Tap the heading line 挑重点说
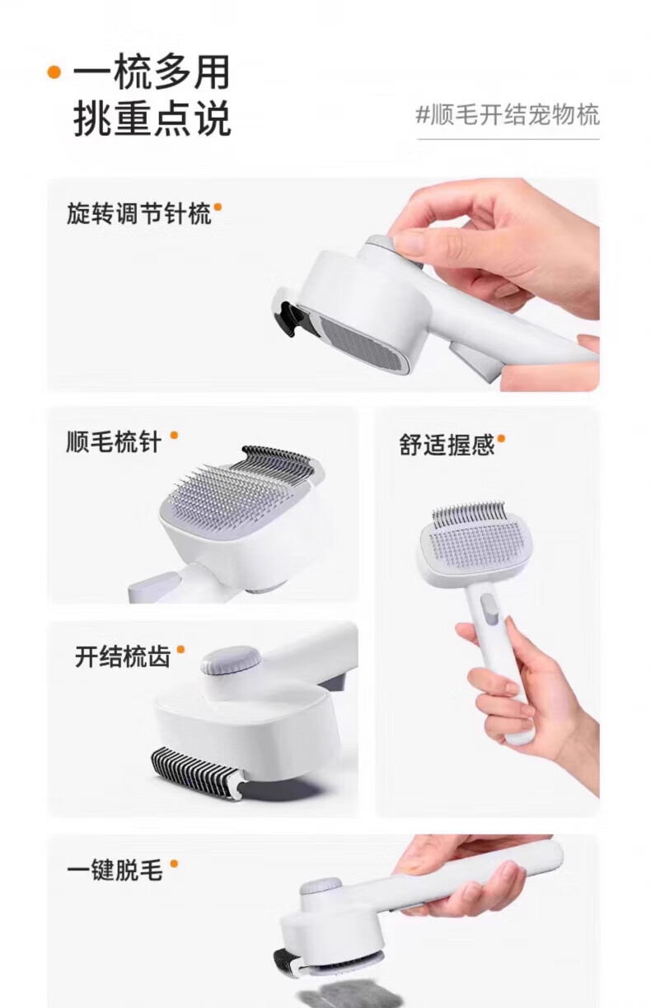point(152,118)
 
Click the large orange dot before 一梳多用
point(54,72)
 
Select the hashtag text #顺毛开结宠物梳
point(508,114)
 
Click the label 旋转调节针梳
point(138,212)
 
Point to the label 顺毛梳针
point(114,442)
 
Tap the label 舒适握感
point(447,445)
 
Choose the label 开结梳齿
point(123,656)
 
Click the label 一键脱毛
point(115,870)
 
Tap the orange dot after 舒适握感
point(501,438)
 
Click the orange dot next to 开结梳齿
point(181,649)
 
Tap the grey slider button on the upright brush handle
point(489,609)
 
